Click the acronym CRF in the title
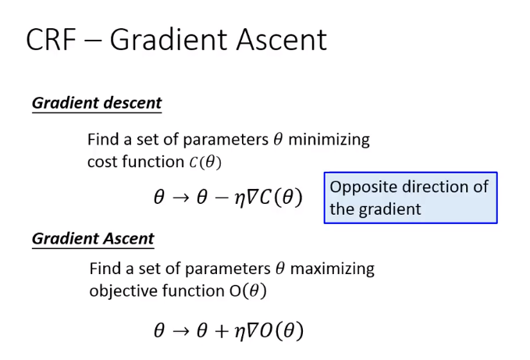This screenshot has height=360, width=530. [51, 40]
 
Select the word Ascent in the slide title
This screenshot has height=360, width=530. [282, 40]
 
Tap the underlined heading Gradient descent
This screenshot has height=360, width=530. [97, 103]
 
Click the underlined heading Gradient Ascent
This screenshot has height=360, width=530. [93, 238]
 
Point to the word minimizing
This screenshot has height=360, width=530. [329, 140]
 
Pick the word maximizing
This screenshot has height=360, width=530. [333, 269]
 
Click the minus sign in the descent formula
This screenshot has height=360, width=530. [222, 197]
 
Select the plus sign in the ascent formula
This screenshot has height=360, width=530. [222, 331]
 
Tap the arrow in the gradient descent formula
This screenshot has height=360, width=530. [181, 198]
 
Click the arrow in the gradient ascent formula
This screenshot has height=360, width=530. [181, 331]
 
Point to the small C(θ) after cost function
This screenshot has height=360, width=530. [205, 162]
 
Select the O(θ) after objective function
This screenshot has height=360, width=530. [247, 291]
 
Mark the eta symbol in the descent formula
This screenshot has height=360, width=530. [240, 199]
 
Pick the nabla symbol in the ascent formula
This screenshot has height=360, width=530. [252, 330]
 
